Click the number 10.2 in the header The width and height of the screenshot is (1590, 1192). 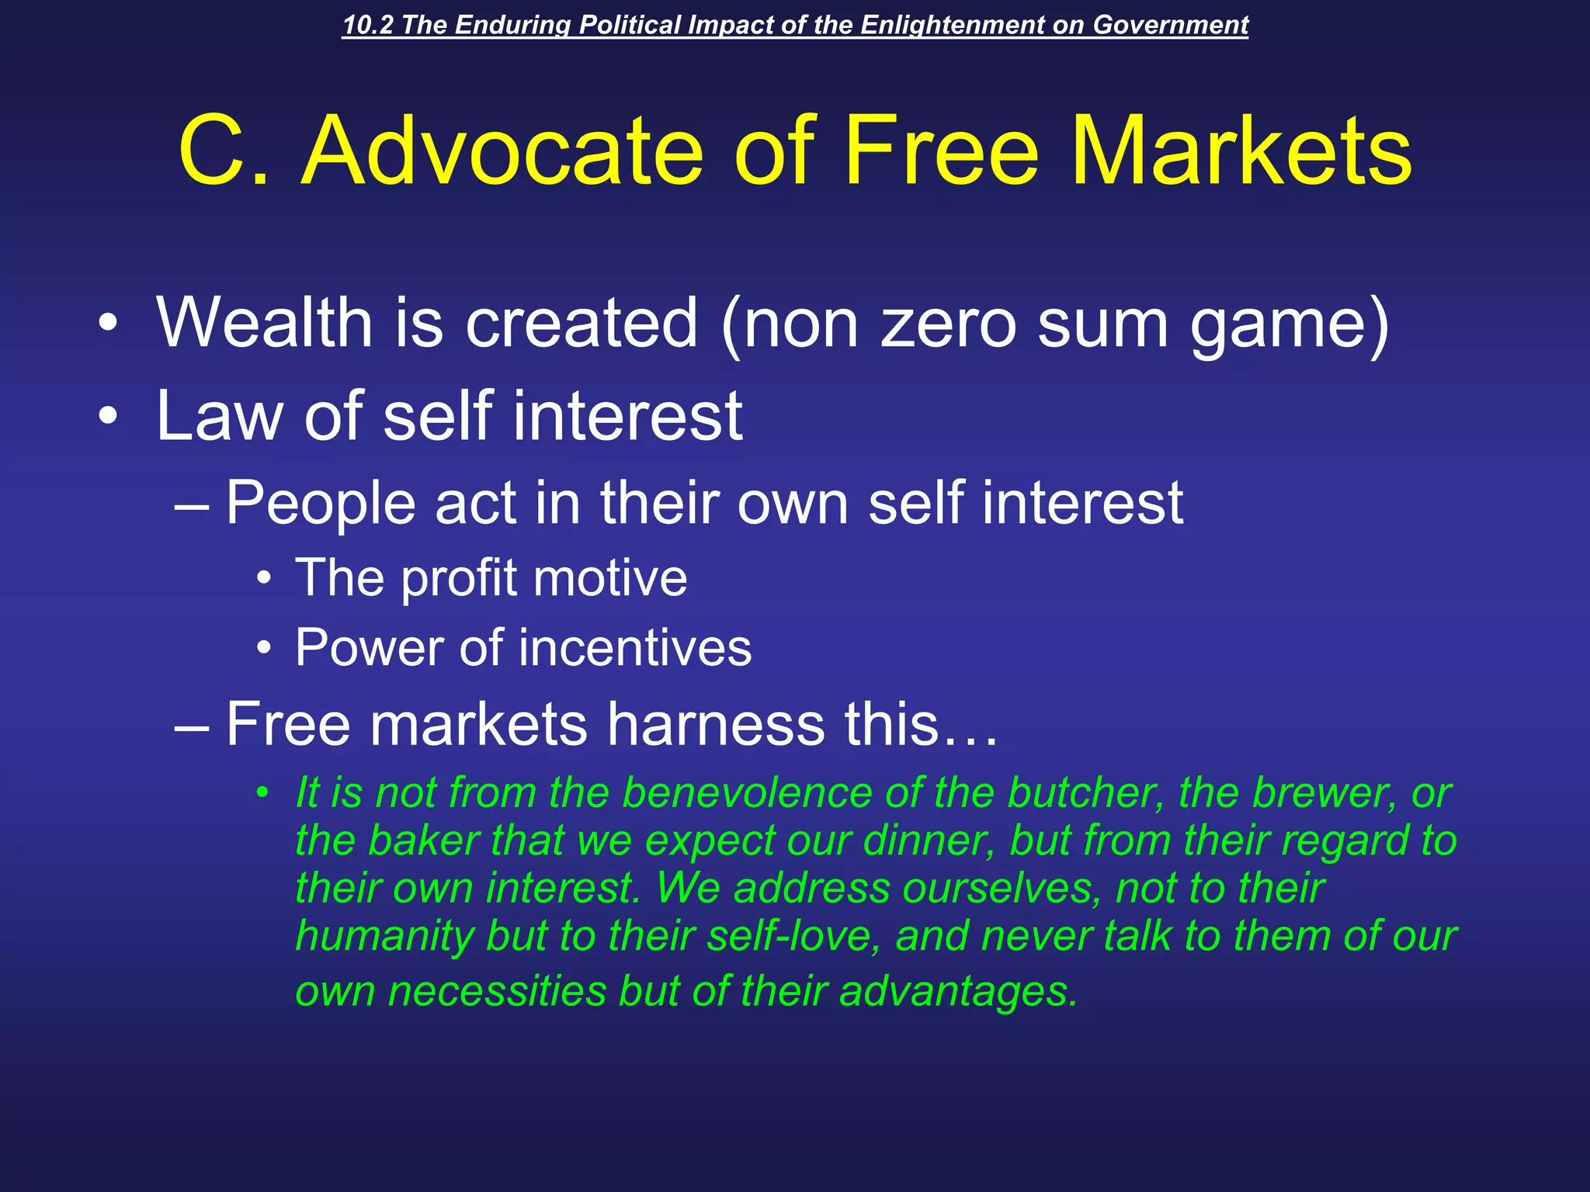pyautogui.click(x=367, y=26)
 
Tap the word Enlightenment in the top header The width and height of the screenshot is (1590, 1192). pyautogui.click(x=952, y=26)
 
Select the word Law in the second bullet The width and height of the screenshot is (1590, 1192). pyautogui.click(x=219, y=416)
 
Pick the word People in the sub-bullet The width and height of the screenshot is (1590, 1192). pyautogui.click(x=321, y=504)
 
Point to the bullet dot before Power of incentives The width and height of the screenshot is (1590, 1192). pyautogui.click(x=264, y=648)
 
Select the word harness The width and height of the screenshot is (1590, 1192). pyautogui.click(x=714, y=724)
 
